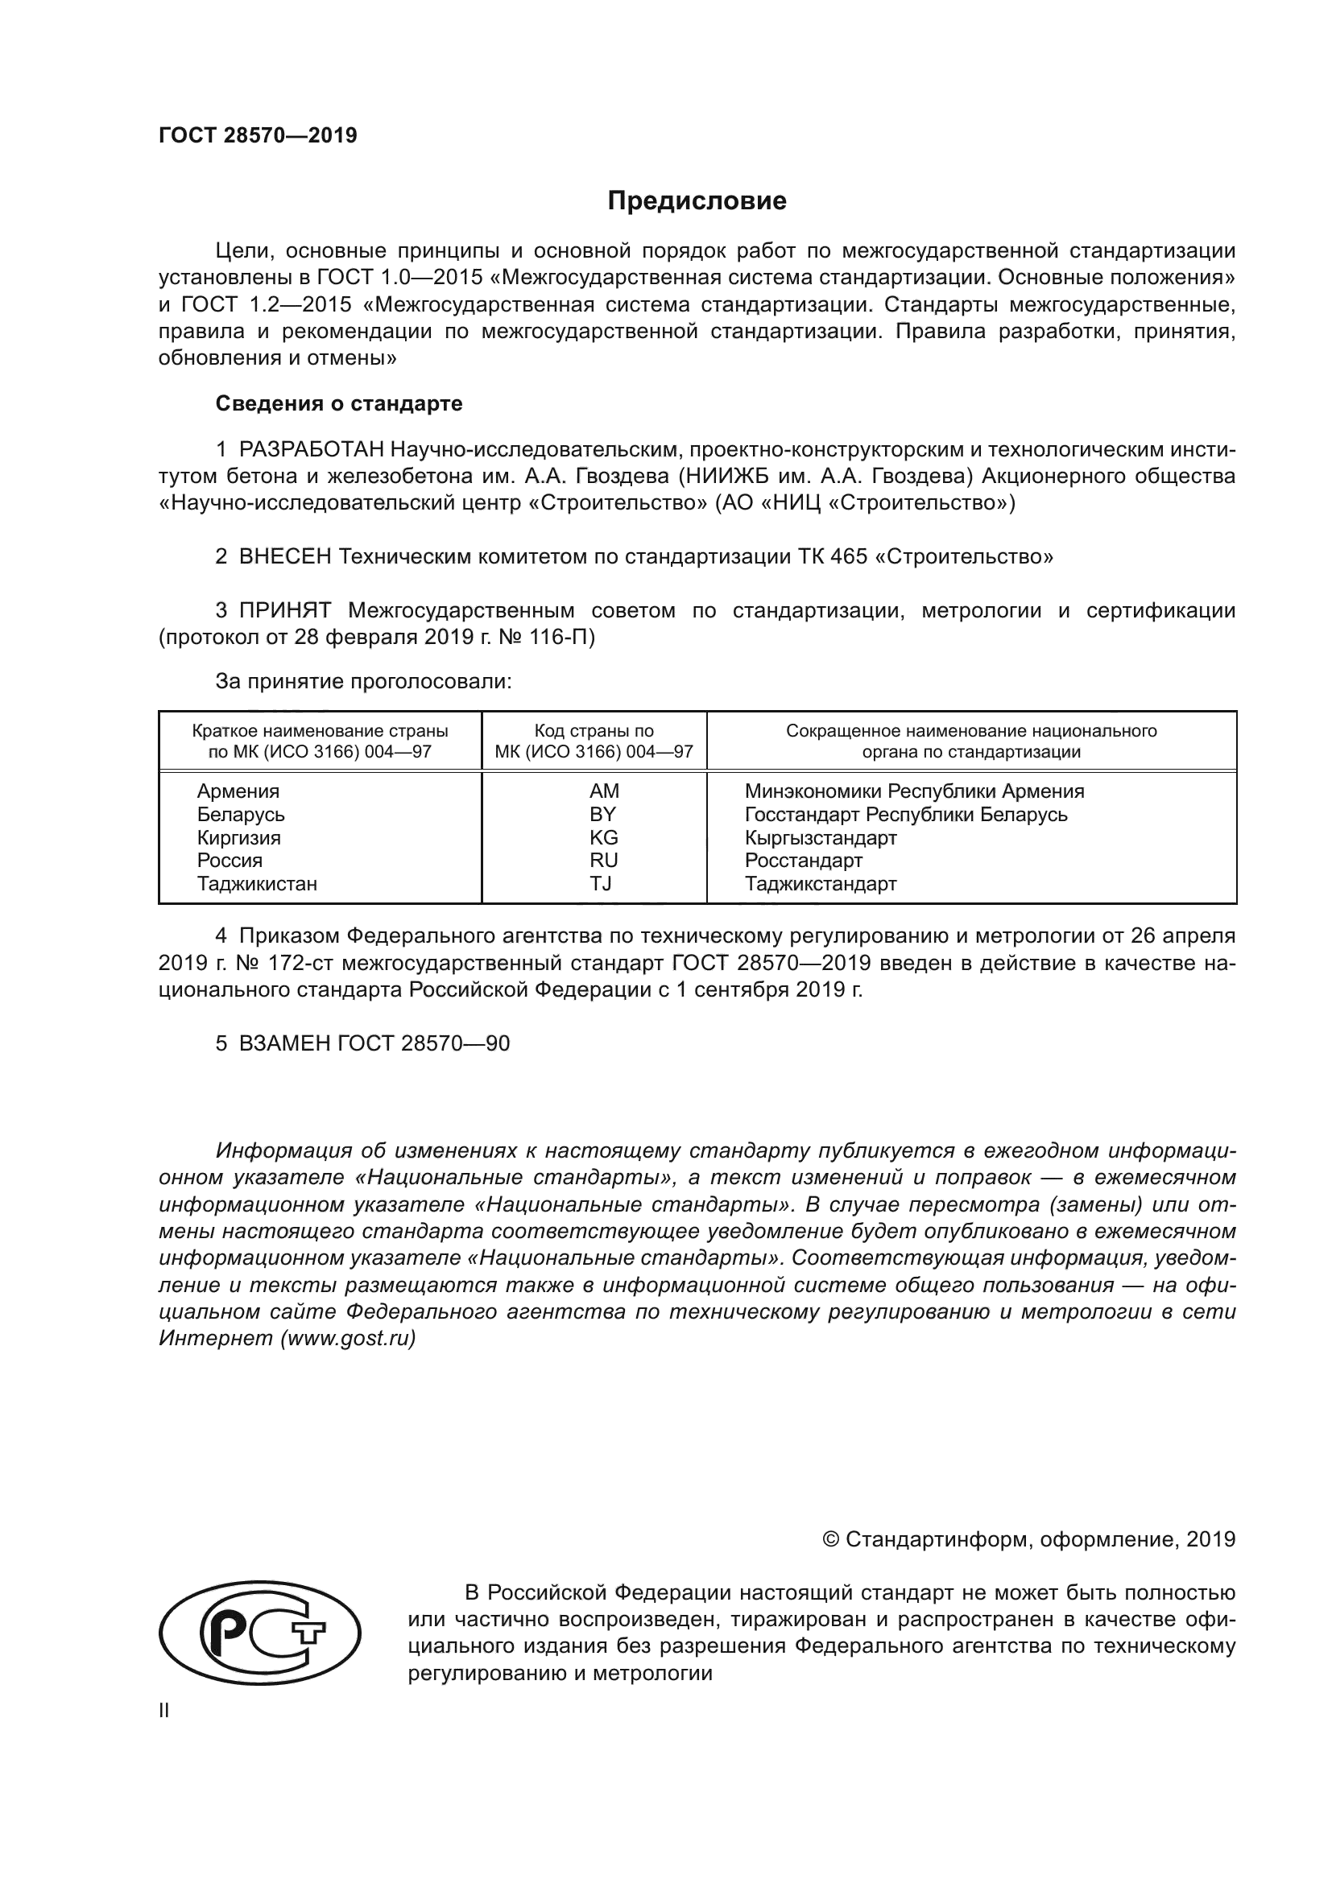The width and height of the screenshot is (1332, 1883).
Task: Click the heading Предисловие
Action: (x=697, y=201)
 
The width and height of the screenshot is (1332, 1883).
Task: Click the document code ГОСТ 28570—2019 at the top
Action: (x=258, y=135)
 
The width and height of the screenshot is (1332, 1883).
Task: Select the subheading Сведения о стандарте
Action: (x=339, y=403)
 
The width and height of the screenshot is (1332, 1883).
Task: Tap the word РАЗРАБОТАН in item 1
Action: (x=311, y=449)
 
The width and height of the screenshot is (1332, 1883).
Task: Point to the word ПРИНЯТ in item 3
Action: (x=284, y=610)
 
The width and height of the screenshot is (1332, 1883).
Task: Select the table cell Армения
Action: (x=238, y=791)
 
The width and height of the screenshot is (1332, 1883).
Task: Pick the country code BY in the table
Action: (x=603, y=815)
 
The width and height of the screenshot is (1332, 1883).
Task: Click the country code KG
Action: (x=604, y=837)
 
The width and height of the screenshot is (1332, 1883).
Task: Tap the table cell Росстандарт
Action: (x=803, y=861)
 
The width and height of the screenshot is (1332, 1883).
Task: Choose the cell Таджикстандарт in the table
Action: (x=820, y=883)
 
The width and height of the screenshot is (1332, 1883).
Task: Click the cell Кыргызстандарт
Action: (x=820, y=837)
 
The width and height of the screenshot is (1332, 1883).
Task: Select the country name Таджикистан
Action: (x=257, y=883)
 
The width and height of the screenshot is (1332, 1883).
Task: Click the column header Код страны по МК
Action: (x=594, y=741)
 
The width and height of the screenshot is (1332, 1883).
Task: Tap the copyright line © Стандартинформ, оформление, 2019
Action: (x=1028, y=1539)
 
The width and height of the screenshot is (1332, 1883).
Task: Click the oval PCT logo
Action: (x=259, y=1632)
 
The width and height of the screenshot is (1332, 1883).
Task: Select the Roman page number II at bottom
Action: (x=163, y=1711)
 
